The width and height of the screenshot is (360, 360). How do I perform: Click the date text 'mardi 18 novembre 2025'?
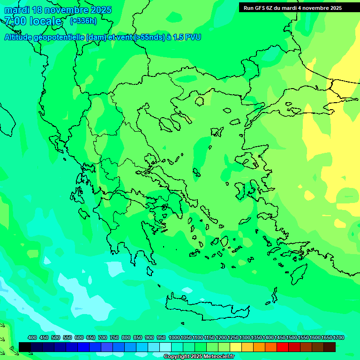click(x=58, y=10)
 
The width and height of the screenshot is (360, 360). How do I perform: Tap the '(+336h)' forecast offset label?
click(x=83, y=21)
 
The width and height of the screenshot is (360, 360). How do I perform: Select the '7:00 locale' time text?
click(x=33, y=21)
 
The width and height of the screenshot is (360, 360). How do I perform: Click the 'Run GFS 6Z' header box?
click(x=292, y=8)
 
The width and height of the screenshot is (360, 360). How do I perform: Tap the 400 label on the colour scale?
click(x=32, y=337)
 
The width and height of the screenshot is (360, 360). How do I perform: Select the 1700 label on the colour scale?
click(x=338, y=337)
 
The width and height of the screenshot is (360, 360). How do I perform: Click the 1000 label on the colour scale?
click(x=174, y=337)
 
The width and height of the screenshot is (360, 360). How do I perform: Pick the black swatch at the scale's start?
click(x=25, y=347)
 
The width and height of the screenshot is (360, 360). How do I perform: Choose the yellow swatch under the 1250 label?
click(x=236, y=347)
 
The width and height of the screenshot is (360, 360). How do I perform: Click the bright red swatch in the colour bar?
click(x=283, y=347)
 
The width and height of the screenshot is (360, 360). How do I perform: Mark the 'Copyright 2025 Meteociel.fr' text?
click(x=199, y=357)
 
